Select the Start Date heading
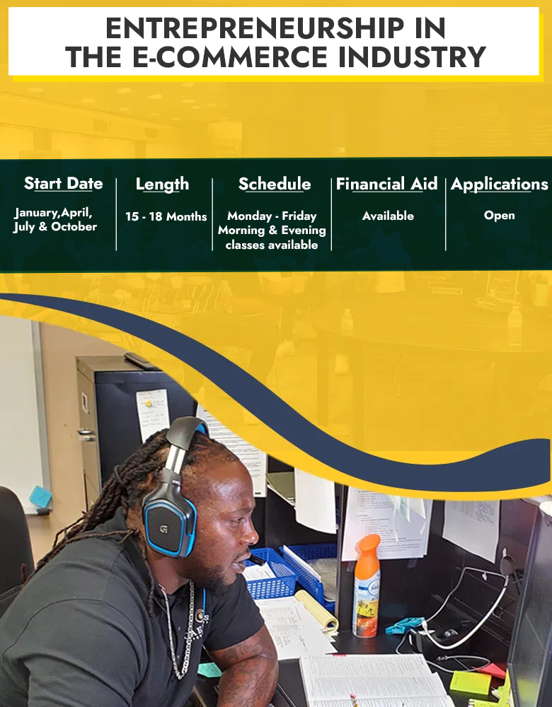(63, 184)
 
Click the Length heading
(163, 185)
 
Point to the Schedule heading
(275, 184)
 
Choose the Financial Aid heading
(387, 184)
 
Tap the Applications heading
(499, 185)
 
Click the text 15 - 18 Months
(166, 216)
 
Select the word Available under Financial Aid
(388, 216)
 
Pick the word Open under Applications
(499, 216)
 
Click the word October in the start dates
(74, 226)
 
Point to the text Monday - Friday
(272, 216)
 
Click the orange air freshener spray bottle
(366, 585)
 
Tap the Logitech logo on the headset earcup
(163, 529)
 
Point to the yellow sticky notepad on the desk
(470, 683)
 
